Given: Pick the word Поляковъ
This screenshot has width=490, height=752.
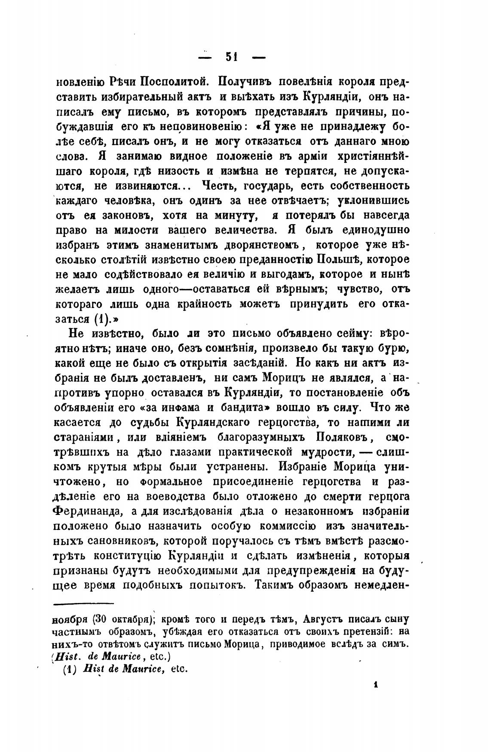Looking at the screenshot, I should (343, 437).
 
